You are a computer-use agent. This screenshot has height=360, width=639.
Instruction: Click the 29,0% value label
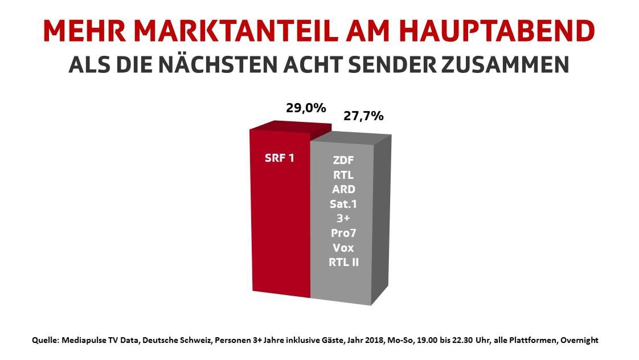(306, 108)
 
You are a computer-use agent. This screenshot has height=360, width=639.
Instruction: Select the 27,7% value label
(363, 116)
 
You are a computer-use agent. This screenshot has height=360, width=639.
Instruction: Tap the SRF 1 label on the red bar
(280, 158)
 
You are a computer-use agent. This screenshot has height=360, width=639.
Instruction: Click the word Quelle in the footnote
(46, 340)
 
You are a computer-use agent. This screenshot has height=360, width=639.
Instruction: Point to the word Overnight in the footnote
(579, 340)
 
